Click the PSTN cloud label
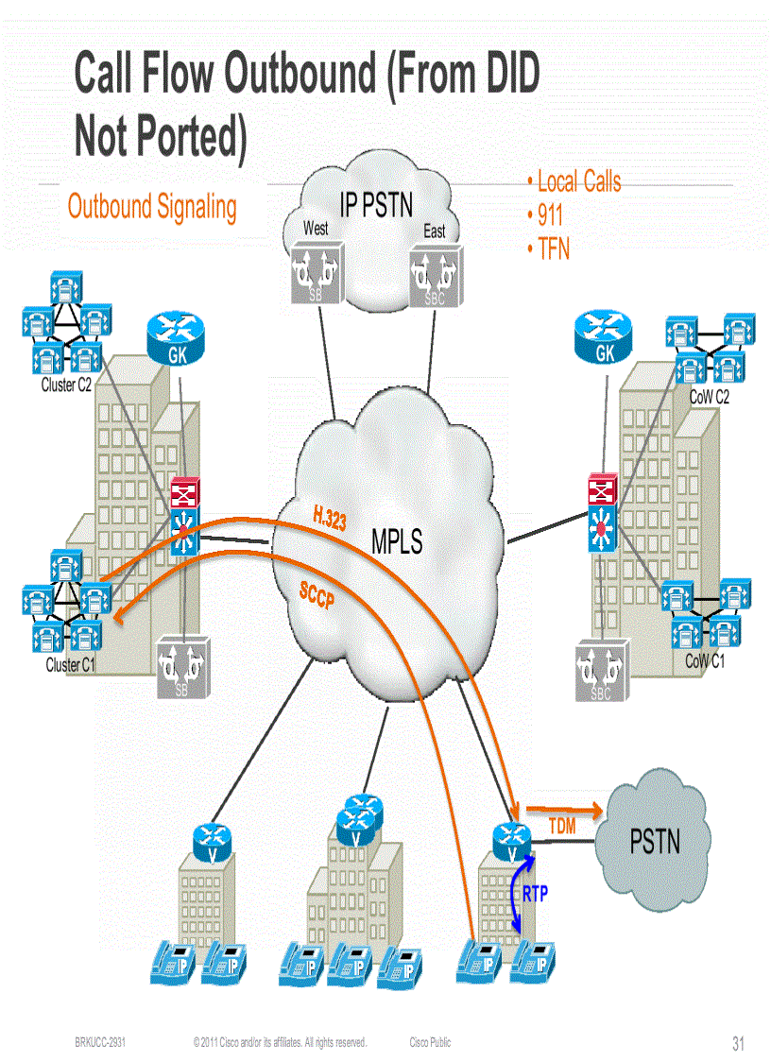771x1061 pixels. (655, 840)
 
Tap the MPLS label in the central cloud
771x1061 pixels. (397, 542)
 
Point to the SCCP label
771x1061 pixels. (317, 596)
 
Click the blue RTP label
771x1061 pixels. (535, 894)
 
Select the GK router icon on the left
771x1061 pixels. (177, 340)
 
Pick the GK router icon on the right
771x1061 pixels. (602, 340)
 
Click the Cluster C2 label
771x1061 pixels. (66, 385)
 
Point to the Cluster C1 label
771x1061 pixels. (71, 665)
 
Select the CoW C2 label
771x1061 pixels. (709, 398)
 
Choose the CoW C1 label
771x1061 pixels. (705, 661)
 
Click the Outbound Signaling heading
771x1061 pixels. (152, 207)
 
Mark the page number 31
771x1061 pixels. (738, 1044)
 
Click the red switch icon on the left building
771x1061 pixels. (183, 494)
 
